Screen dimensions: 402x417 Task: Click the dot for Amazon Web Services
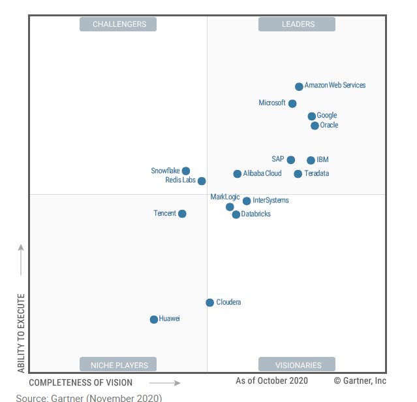pyautogui.click(x=299, y=86)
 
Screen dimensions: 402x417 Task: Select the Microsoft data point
pyautogui.click(x=292, y=103)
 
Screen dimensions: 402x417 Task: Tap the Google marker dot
pyautogui.click(x=312, y=116)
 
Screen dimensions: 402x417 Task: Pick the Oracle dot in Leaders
pyautogui.click(x=315, y=126)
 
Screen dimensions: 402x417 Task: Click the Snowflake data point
pyautogui.click(x=186, y=171)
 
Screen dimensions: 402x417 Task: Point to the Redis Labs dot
pyautogui.click(x=202, y=181)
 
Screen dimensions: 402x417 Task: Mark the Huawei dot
pyautogui.click(x=154, y=320)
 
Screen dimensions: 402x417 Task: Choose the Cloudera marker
pyautogui.click(x=209, y=303)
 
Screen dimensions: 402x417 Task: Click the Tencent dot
pyautogui.click(x=182, y=214)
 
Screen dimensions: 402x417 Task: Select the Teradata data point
pyautogui.click(x=298, y=174)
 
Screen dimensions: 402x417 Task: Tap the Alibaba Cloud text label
pyautogui.click(x=262, y=174)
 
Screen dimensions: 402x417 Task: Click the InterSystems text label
pyautogui.click(x=270, y=201)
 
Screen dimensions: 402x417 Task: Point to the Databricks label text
pyautogui.click(x=256, y=214)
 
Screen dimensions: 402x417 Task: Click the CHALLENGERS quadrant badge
pyautogui.click(x=119, y=24)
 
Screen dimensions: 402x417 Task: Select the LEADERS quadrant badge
pyautogui.click(x=297, y=24)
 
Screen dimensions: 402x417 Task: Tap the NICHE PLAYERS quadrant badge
pyautogui.click(x=119, y=365)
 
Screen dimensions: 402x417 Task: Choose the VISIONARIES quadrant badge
pyautogui.click(x=297, y=365)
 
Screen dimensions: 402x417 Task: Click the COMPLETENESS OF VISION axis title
pyautogui.click(x=81, y=383)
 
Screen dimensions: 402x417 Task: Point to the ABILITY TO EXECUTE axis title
pyautogui.click(x=21, y=333)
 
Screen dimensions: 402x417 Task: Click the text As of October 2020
pyautogui.click(x=272, y=381)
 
